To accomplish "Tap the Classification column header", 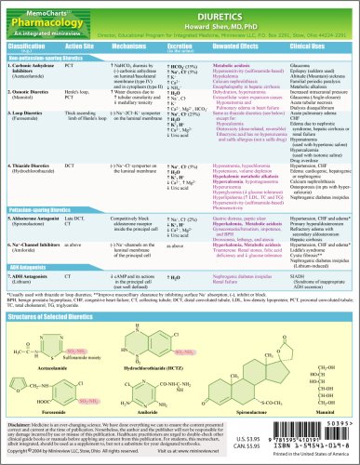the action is pos(29,45).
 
